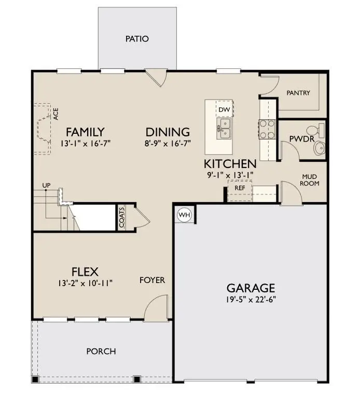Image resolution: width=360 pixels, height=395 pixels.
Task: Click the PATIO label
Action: (137, 39)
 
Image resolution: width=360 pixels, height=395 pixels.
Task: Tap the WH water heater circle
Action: (184, 214)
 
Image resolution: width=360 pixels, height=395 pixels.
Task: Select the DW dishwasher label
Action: (224, 109)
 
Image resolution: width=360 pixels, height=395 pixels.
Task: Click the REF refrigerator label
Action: (240, 188)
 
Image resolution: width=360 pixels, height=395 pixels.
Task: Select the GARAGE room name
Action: (251, 288)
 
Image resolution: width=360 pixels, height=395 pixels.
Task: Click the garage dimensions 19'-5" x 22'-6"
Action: (251, 300)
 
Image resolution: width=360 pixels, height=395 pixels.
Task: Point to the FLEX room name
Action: (85, 271)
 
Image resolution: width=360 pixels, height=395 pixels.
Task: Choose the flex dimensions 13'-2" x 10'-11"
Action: (85, 283)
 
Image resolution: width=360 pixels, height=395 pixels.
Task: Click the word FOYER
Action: (152, 280)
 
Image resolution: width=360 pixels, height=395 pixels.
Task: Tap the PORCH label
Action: (101, 351)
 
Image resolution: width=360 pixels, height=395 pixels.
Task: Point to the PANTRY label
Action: (298, 93)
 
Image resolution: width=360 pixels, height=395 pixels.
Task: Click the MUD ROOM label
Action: (310, 180)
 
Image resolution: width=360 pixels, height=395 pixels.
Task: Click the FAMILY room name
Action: (85, 132)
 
